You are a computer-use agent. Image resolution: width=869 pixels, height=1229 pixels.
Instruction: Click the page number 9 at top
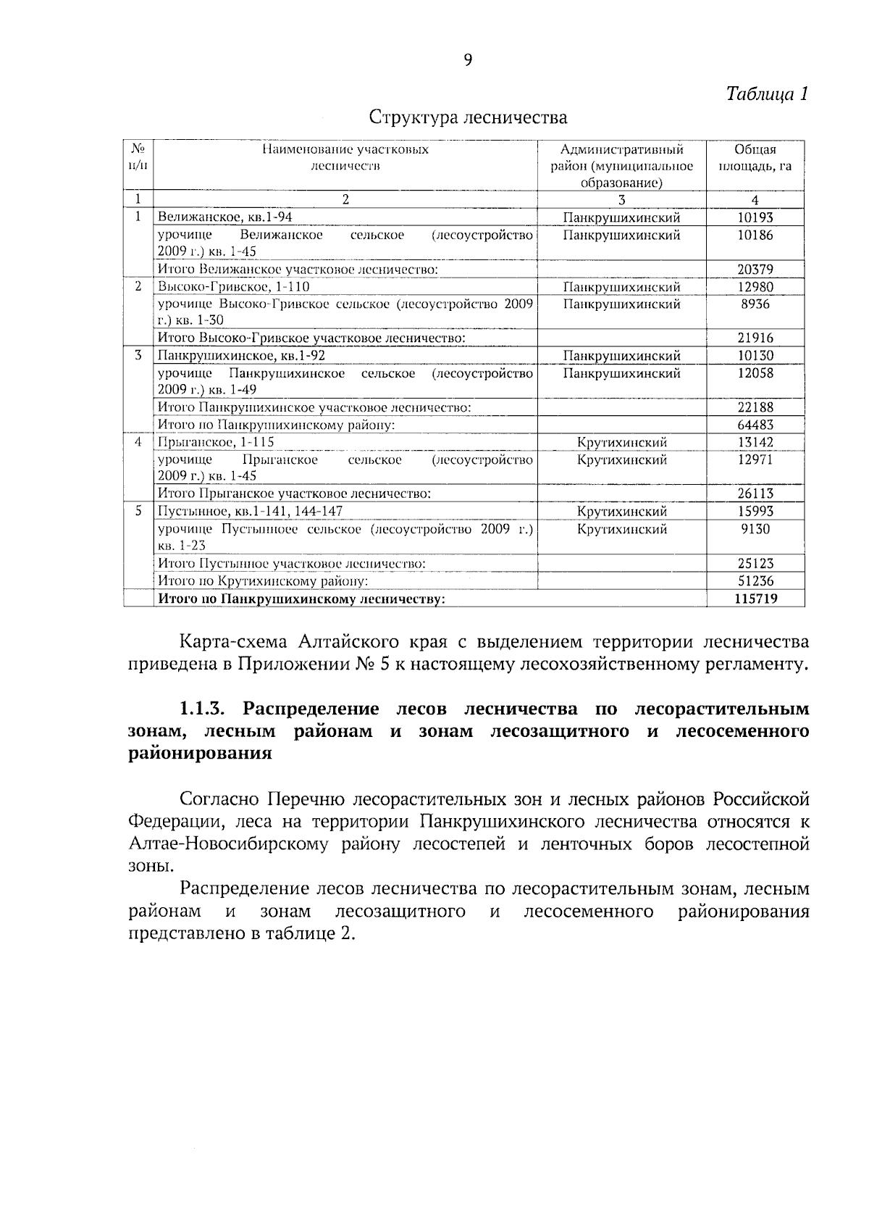(x=468, y=60)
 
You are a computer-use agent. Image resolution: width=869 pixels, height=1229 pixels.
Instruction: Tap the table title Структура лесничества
(x=469, y=117)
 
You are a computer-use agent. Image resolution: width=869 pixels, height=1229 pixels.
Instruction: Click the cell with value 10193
(x=755, y=217)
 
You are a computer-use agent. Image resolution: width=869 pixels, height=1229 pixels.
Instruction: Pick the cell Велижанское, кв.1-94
(x=225, y=217)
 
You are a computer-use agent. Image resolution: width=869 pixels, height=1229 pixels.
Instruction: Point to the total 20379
(x=755, y=270)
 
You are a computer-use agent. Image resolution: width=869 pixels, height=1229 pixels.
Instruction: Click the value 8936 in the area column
(x=755, y=304)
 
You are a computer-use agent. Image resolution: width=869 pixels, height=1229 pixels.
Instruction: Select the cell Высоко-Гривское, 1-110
(x=233, y=287)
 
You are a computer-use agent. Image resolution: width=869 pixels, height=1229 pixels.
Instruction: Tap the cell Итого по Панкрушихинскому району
(x=276, y=425)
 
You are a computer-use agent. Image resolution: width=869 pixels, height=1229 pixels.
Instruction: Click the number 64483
(x=755, y=425)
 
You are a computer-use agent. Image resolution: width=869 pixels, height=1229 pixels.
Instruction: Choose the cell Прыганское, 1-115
(x=216, y=443)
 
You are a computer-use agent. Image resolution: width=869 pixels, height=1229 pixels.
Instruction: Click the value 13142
(x=755, y=443)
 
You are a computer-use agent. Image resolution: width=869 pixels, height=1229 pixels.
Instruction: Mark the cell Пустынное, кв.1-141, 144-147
(x=251, y=512)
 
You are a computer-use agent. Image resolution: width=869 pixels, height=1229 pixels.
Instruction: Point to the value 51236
(x=755, y=581)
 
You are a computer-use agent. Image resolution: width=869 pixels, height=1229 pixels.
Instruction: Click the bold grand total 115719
(x=755, y=599)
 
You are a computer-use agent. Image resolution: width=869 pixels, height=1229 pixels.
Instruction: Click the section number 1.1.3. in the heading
(x=206, y=708)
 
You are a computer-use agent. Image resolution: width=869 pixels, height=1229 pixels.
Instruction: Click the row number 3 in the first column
(x=138, y=356)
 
